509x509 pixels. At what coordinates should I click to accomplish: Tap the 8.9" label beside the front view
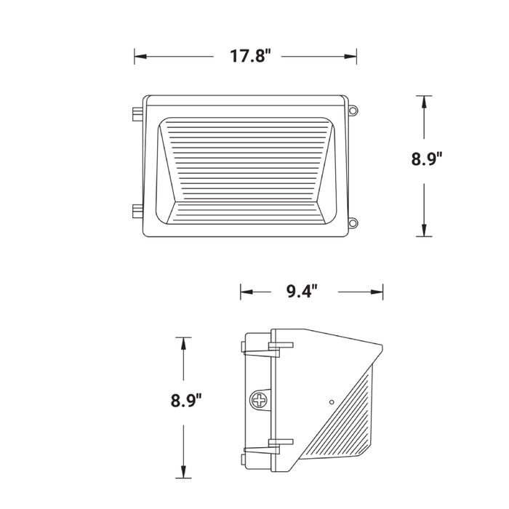pos(427,160)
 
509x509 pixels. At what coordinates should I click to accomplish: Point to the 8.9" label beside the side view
pos(186,399)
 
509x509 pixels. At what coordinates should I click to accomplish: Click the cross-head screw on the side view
pos(259,399)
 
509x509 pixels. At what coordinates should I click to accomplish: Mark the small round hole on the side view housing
pos(332,401)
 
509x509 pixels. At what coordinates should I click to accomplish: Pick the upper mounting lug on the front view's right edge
pos(354,111)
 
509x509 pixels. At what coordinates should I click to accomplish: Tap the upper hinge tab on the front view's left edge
pos(136,116)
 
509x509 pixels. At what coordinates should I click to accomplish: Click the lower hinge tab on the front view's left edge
pos(136,212)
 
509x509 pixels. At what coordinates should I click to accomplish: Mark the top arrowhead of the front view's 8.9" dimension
pos(424,100)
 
